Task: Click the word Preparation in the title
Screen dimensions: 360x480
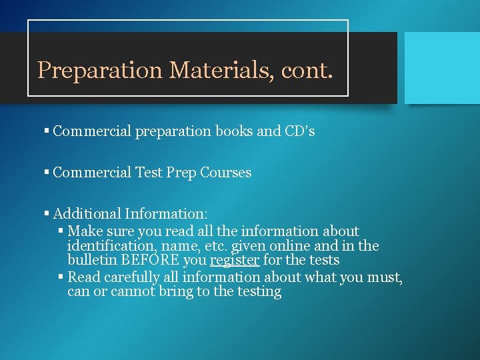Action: [99, 70]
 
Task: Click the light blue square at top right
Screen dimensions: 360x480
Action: [442, 67]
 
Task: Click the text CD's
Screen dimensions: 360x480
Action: [299, 131]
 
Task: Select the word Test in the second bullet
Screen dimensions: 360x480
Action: [149, 173]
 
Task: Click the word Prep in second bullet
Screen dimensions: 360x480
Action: [179, 173]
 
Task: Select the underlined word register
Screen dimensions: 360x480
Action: [235, 260]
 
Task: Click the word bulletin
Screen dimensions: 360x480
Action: [91, 260]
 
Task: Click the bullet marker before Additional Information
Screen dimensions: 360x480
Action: [47, 215]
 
